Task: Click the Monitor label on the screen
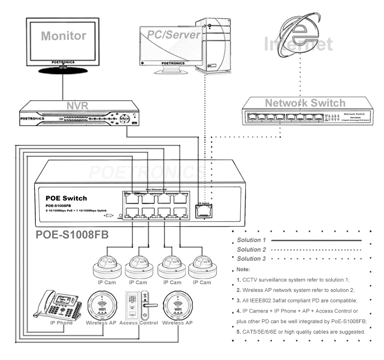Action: click(63, 35)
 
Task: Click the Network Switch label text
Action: click(305, 103)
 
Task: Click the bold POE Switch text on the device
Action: click(66, 198)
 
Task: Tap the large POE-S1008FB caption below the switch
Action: click(74, 235)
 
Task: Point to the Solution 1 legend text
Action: click(251, 239)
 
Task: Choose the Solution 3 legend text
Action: click(251, 259)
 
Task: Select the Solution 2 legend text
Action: click(251, 249)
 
